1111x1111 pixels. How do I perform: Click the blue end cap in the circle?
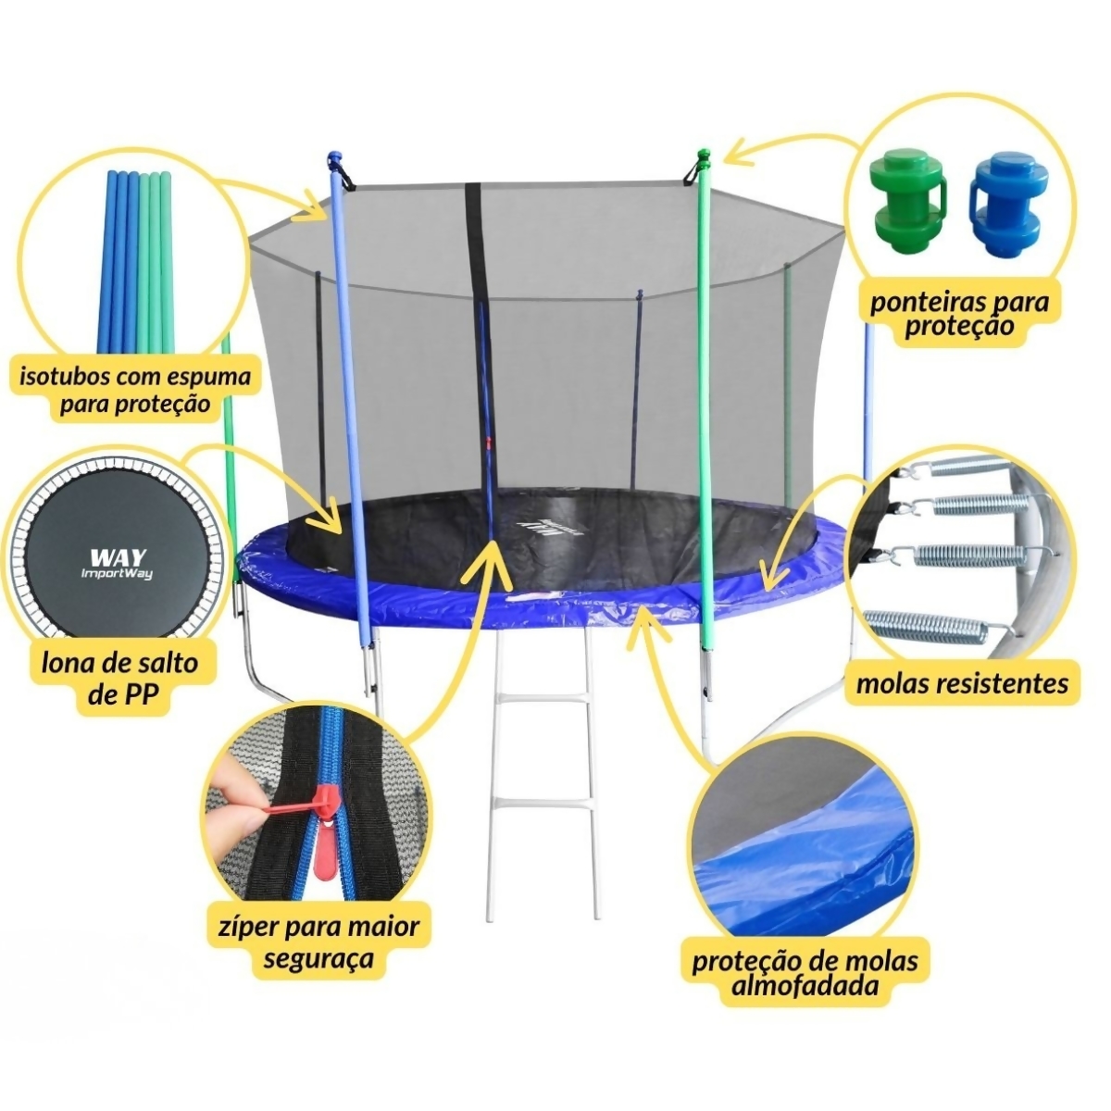(x=1005, y=206)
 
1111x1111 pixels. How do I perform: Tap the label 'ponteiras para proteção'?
(x=959, y=314)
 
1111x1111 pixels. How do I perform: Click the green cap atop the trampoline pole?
(x=703, y=156)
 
